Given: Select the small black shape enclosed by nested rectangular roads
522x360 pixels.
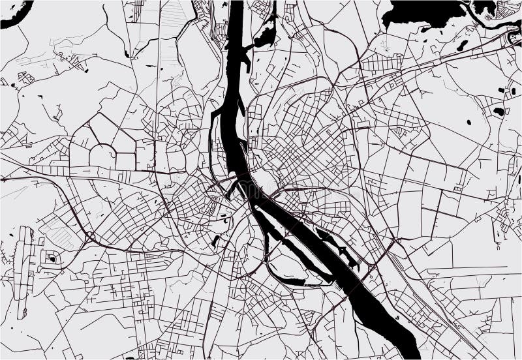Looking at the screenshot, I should (x=52, y=259).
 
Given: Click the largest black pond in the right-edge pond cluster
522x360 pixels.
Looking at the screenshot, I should (x=499, y=112).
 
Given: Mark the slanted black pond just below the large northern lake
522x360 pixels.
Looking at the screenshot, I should (x=463, y=45).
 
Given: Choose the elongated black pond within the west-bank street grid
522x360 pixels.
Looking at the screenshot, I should (x=215, y=241).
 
